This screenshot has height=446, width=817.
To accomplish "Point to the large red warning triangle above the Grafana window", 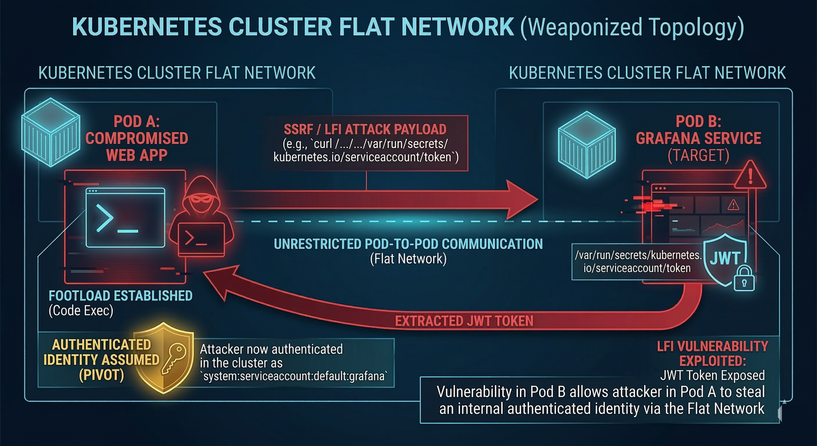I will [750, 176].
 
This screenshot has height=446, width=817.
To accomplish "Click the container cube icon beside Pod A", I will [51, 132].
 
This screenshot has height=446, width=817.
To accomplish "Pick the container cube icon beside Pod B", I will [587, 145].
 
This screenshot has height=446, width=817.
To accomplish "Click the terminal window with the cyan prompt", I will [125, 217].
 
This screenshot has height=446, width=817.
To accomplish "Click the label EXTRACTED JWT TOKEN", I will [464, 321].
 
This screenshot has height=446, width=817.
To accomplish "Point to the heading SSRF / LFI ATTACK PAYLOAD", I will [365, 130].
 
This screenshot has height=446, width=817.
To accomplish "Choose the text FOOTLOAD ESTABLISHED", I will [121, 296].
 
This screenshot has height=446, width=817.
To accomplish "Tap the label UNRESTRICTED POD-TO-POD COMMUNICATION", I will [408, 244].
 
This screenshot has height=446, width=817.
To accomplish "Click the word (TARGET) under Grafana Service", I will [698, 156].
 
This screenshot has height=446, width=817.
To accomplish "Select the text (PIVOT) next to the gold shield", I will [101, 375].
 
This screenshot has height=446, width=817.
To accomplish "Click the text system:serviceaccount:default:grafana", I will [294, 376].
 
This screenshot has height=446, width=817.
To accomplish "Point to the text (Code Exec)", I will [81, 311].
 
